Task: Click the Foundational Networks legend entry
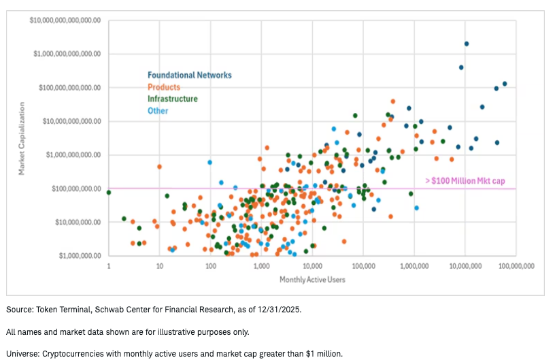(x=190, y=75)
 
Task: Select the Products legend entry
(x=164, y=87)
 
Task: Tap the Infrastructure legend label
(x=173, y=99)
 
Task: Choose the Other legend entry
(x=158, y=111)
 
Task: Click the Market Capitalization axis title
(x=22, y=139)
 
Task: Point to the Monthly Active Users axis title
(x=312, y=280)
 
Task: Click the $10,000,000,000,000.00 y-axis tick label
(x=65, y=20)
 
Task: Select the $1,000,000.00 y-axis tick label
(x=79, y=256)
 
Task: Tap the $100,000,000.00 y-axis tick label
(x=75, y=189)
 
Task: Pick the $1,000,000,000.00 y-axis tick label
(x=73, y=155)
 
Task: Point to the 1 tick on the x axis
(x=109, y=267)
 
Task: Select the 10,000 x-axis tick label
(x=312, y=267)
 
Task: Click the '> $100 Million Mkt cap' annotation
(x=470, y=181)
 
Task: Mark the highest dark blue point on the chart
(x=467, y=44)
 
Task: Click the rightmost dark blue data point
(x=505, y=84)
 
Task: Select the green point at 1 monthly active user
(x=109, y=193)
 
